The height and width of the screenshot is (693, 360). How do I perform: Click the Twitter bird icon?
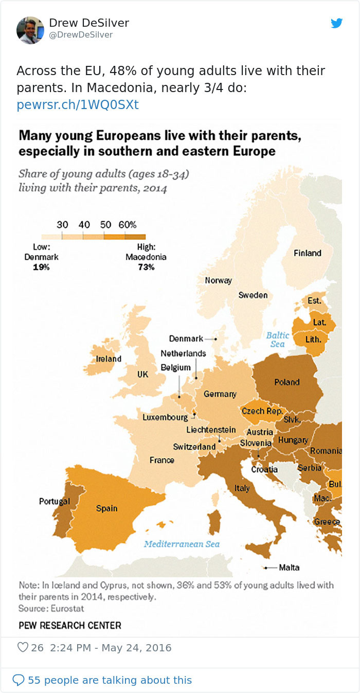(x=337, y=23)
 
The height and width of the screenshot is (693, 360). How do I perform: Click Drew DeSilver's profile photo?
(x=30, y=30)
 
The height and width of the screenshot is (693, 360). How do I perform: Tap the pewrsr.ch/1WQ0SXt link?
(x=78, y=105)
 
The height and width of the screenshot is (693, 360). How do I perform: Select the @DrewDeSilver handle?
(x=81, y=35)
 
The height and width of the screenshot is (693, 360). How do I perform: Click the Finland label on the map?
(x=308, y=253)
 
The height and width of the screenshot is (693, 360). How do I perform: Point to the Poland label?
(x=287, y=382)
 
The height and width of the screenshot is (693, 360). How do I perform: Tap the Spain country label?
(x=107, y=508)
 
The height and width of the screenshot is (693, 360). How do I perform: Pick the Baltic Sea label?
(x=278, y=340)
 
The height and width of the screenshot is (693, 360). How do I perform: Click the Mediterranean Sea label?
(x=182, y=544)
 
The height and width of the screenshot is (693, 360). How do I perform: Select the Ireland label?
(x=109, y=359)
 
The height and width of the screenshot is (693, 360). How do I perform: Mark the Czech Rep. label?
(x=262, y=411)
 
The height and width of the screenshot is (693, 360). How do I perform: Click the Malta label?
(x=289, y=568)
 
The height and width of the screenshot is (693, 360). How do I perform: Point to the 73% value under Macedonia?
(x=146, y=267)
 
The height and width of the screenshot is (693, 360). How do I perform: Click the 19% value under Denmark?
(x=41, y=267)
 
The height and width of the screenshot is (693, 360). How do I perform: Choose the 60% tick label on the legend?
(x=127, y=225)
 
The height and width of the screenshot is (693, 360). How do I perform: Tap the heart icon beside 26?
(x=23, y=647)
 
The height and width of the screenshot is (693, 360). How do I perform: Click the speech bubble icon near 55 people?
(x=18, y=680)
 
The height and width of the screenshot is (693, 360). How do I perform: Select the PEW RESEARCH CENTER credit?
(x=70, y=626)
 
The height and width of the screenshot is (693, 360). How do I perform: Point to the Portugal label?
(x=55, y=501)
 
